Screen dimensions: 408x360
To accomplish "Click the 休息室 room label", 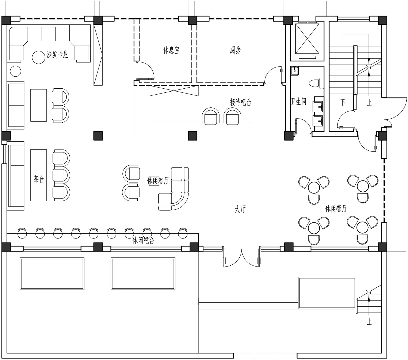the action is (171, 50).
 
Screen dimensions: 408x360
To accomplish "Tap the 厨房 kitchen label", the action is (235, 50).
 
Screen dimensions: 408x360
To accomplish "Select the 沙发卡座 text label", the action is (57, 55).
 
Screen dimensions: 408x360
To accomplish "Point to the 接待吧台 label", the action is (241, 102).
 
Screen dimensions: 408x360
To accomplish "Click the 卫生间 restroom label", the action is (298, 101).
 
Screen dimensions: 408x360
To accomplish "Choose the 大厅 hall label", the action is (240, 209).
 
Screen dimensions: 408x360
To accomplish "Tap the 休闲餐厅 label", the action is (336, 209).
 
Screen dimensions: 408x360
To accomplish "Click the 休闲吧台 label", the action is (143, 240).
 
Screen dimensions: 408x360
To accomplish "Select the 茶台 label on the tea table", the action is (39, 179).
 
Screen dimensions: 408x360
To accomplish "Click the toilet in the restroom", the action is (316, 83).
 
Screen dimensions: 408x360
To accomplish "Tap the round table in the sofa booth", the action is (38, 58).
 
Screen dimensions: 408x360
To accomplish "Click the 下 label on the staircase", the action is (342, 102).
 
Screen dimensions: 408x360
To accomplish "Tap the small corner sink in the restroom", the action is (295, 71).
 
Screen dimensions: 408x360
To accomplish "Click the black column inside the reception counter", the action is (193, 136).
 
